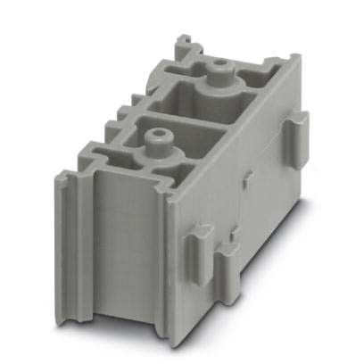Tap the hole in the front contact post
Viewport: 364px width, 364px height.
click(158, 136)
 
